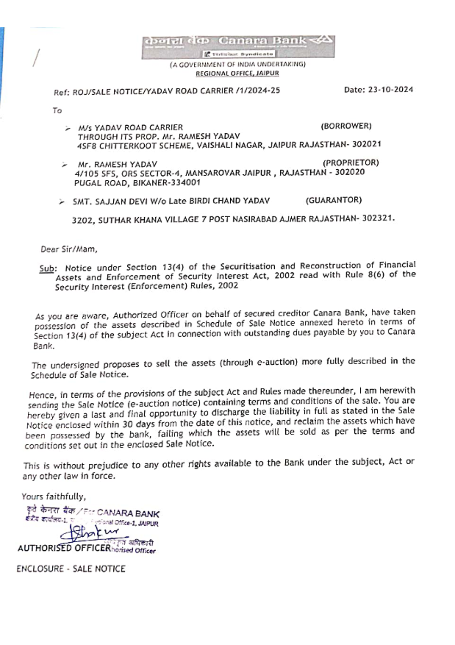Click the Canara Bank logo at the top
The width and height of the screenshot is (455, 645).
pyautogui.click(x=238, y=46)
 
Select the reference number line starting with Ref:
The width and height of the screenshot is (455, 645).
pyautogui.click(x=167, y=91)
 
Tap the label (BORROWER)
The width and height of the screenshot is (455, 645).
pyautogui.click(x=346, y=126)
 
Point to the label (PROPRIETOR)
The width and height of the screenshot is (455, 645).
pyautogui.click(x=350, y=163)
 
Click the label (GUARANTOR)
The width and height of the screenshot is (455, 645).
pyautogui.click(x=334, y=200)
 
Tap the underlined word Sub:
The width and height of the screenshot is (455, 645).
pyautogui.click(x=47, y=268)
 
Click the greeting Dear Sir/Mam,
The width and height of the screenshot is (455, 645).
pyautogui.click(x=69, y=249)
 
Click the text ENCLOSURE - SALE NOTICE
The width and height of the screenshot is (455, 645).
pyautogui.click(x=71, y=569)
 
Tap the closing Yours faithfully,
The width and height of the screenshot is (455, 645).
pyautogui.click(x=53, y=497)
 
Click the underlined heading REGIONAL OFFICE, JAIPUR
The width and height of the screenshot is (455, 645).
pyautogui.click(x=237, y=73)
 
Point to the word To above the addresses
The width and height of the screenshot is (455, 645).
pyautogui.click(x=57, y=111)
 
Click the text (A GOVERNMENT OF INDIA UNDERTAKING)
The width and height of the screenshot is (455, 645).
pyautogui.click(x=238, y=65)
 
